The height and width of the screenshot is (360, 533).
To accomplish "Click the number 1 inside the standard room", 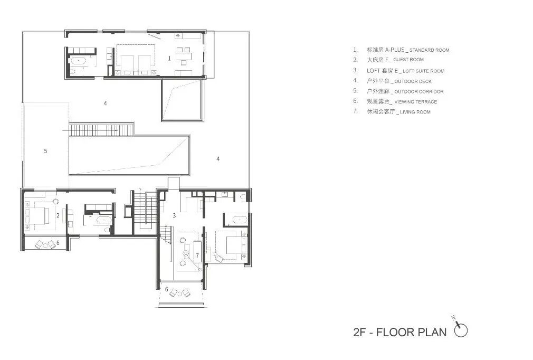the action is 169,58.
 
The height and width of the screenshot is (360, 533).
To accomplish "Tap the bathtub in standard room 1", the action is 79,61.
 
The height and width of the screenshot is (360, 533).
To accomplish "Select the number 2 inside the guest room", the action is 58,215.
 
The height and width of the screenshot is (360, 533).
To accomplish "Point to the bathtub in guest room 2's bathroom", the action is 103,220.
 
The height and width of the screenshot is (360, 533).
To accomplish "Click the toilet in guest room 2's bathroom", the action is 107,230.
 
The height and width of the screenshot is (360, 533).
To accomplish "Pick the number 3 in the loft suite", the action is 174,215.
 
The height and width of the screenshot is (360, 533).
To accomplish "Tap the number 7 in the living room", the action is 197,255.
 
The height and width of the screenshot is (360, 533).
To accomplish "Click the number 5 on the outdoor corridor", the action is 45,151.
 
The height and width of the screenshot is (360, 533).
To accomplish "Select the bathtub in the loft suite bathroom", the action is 239,220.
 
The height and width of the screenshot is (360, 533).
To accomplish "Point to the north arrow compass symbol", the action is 460,328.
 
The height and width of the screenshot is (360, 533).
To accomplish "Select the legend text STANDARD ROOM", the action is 430,50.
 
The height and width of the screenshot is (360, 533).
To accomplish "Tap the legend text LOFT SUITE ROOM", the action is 424,71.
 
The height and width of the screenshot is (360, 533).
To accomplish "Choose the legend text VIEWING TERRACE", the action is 416,102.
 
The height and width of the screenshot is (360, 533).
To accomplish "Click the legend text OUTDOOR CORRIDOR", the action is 419,91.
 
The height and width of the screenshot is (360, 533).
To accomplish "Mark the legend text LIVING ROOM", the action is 415,112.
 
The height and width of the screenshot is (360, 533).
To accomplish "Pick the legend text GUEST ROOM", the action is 408,60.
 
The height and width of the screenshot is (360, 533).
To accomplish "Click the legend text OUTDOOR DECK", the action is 413,81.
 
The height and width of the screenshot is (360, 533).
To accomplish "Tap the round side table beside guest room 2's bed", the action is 56,201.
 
